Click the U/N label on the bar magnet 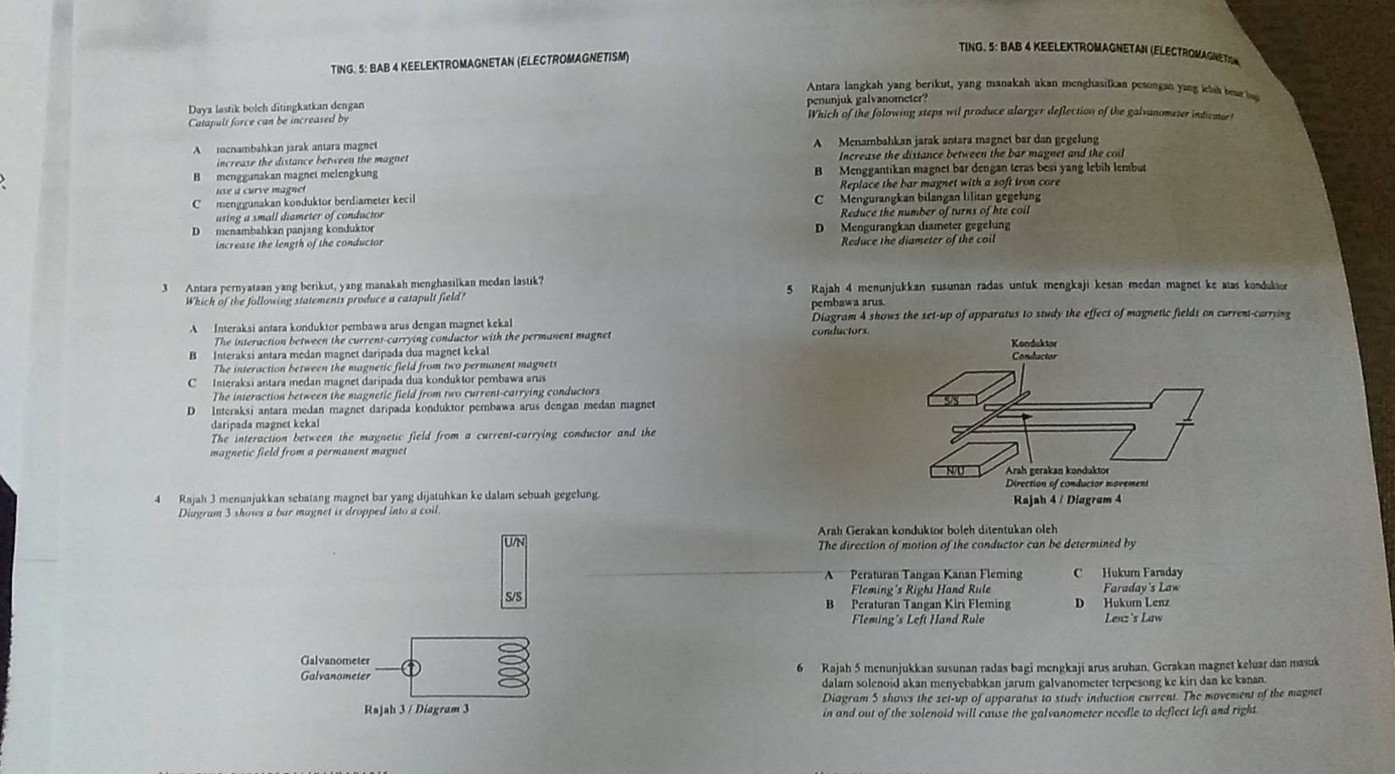(x=514, y=541)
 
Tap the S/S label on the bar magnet (x=513, y=597)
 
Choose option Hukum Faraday (x=1142, y=574)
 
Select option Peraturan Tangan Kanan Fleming (x=935, y=574)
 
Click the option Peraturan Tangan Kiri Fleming (x=930, y=604)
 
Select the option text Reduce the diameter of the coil (x=916, y=240)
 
